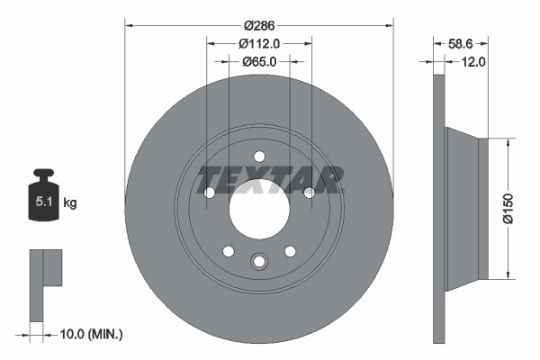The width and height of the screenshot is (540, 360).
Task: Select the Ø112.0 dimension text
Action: pos(259,42)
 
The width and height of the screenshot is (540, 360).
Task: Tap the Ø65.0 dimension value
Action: pos(259,61)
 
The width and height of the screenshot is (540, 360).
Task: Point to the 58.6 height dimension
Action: pos(461,42)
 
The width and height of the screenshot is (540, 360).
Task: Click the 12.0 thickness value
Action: pos(473,61)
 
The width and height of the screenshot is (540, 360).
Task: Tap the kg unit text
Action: pos(70,203)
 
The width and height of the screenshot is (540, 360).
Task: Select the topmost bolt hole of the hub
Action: pos(259,155)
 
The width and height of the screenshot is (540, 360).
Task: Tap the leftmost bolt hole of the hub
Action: pos(210,193)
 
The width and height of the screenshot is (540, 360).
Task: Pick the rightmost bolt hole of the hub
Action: pos(309,193)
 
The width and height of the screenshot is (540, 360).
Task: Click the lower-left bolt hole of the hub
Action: pos(229,251)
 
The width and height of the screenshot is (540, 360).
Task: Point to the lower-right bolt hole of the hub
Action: pos(290,251)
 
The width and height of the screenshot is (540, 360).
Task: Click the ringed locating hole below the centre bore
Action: pos(259,261)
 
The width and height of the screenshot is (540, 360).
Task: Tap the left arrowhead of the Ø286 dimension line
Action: pos(129,24)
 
